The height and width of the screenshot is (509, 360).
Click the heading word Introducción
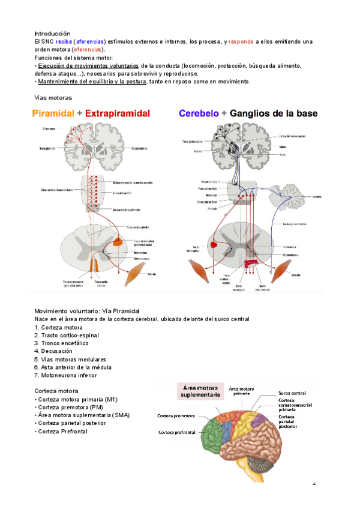point(52,33)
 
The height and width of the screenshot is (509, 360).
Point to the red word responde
point(241,41)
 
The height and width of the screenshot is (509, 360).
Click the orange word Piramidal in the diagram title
point(53,113)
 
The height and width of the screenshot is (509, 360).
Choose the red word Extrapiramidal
point(118,113)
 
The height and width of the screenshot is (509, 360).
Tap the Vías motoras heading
point(53,97)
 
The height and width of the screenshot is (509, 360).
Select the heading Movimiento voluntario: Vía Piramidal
point(87,311)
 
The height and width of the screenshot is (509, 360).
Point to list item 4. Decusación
point(53,351)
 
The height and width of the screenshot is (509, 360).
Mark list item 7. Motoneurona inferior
point(66,375)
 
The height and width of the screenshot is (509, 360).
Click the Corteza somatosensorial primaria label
point(295,405)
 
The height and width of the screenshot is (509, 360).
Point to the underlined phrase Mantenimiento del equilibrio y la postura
point(92,82)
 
